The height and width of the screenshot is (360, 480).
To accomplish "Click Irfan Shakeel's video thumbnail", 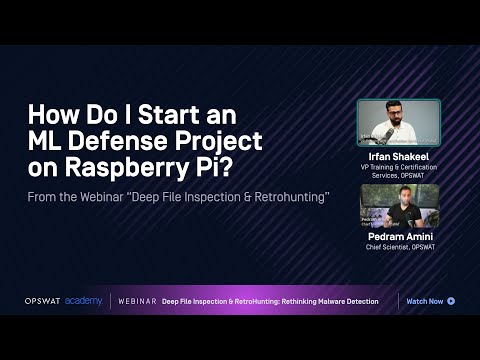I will pyautogui.click(x=399, y=124).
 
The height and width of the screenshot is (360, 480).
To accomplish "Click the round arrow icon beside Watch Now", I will pyautogui.click(x=452, y=301).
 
